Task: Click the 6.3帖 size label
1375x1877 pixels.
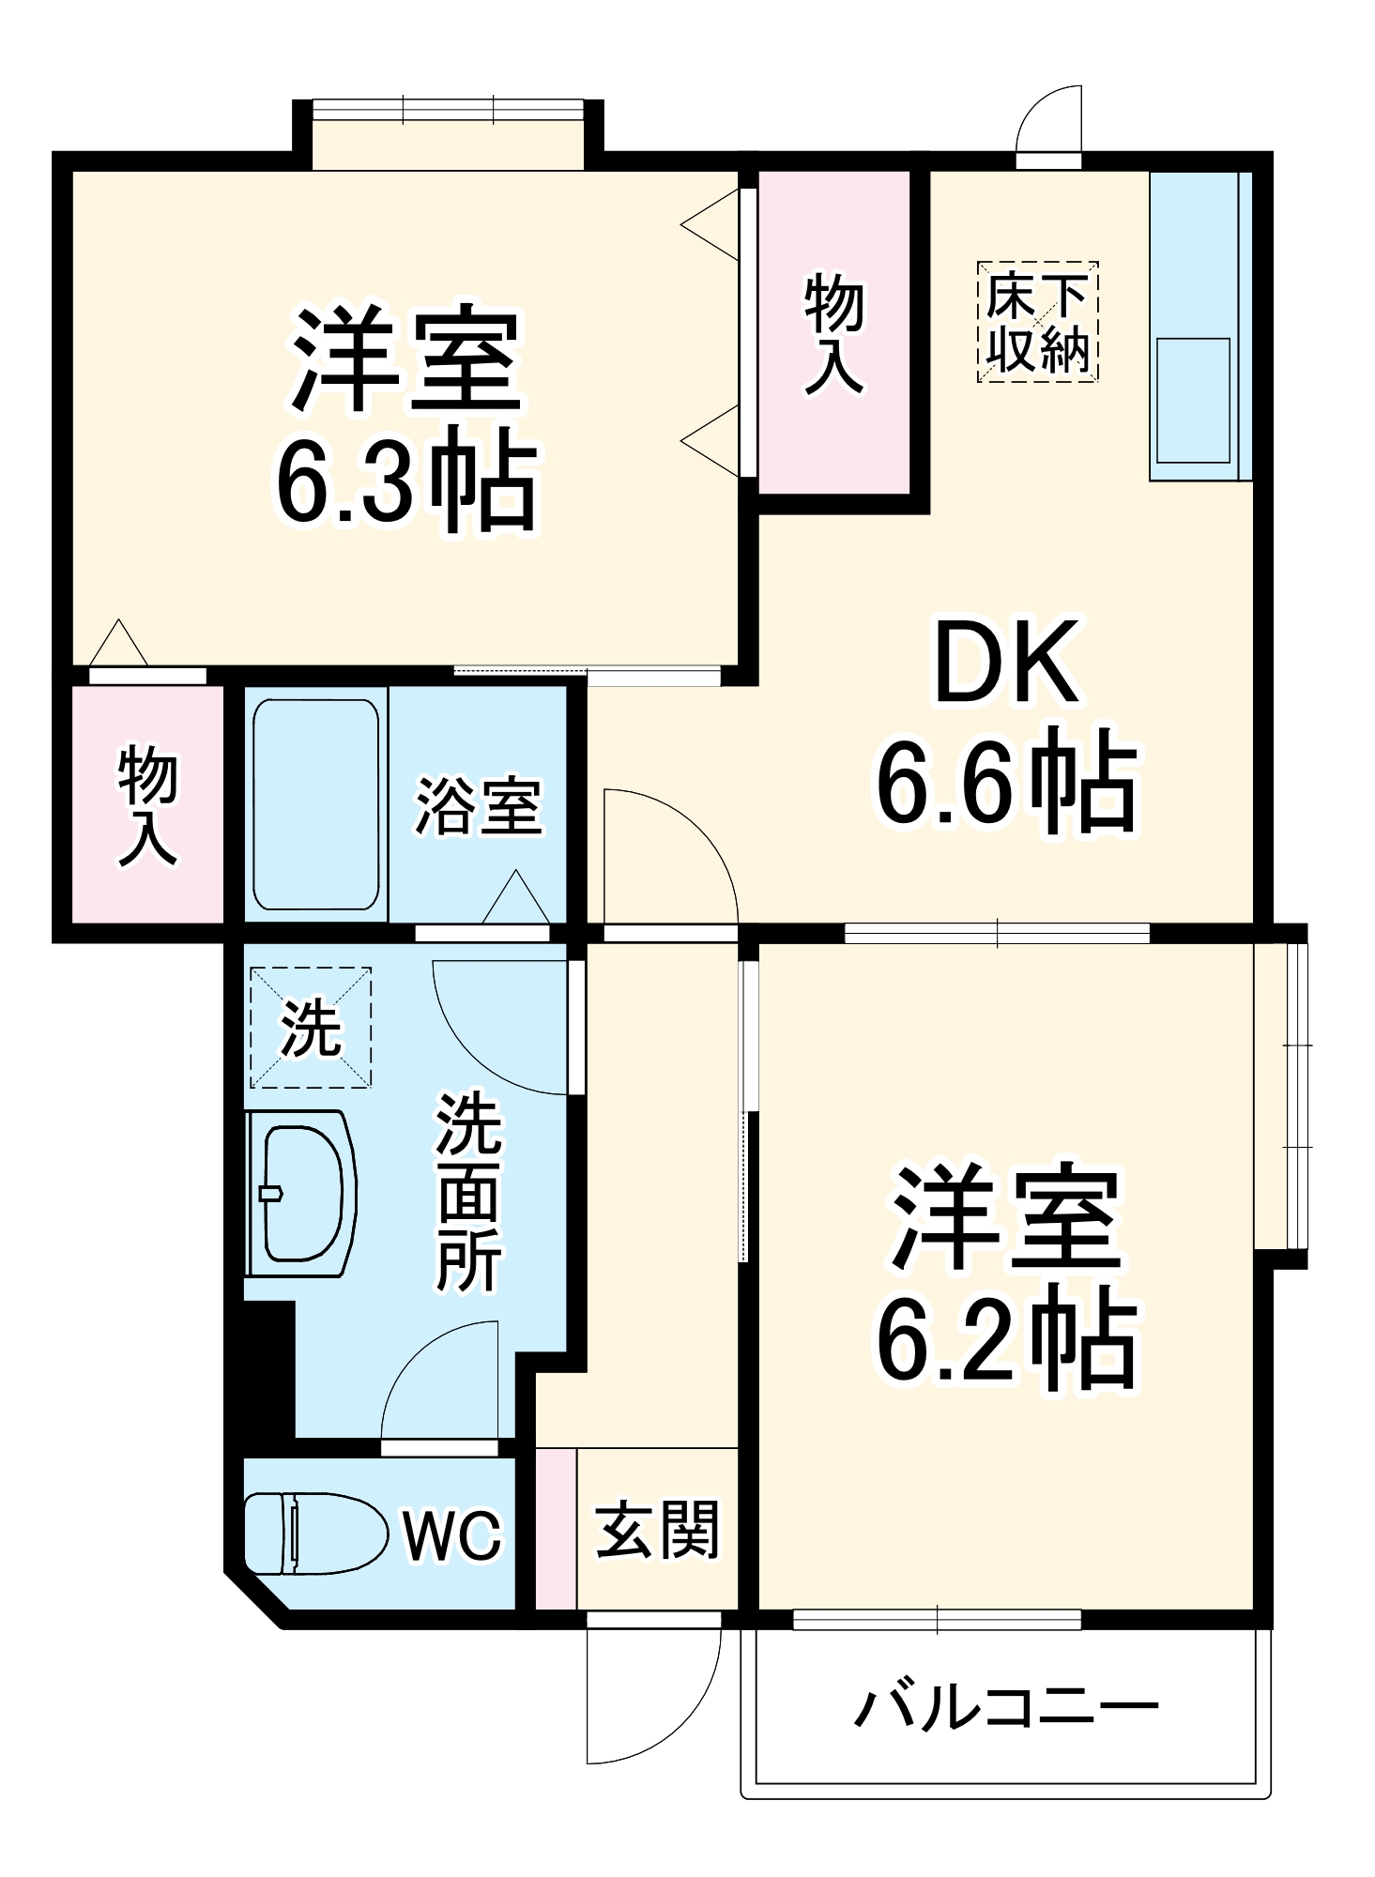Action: tap(405, 481)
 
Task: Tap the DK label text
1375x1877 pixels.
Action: tap(1006, 664)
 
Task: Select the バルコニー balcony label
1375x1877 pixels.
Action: tap(1006, 1705)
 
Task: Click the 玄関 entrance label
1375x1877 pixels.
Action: tap(657, 1530)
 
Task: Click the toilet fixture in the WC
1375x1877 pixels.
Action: tap(314, 1534)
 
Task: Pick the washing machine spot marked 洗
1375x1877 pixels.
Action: tap(311, 1028)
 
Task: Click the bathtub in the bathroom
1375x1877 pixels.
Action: tap(315, 804)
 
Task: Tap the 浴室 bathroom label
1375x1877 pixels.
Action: tap(478, 806)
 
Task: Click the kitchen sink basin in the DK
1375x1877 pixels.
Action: tap(1193, 401)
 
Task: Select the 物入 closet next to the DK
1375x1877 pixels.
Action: tap(833, 332)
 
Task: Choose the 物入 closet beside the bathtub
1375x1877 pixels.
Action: tap(147, 804)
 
